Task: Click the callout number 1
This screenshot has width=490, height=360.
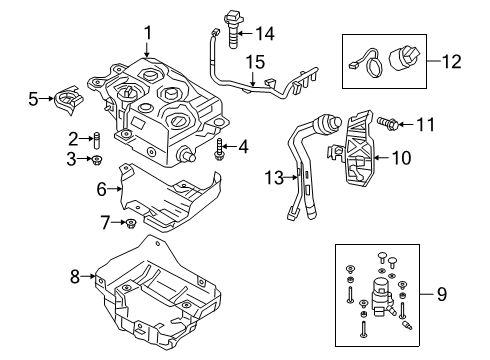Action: (x=147, y=33)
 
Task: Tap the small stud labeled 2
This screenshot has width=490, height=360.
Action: (x=97, y=141)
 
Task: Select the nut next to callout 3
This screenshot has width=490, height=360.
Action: (x=97, y=160)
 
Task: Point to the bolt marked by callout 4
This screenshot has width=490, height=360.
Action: (x=218, y=149)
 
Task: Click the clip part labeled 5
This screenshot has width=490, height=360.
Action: (x=68, y=99)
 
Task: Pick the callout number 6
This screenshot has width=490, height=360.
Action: (x=102, y=189)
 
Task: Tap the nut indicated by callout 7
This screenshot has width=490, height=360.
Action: (x=130, y=223)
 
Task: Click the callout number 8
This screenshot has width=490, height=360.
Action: (x=75, y=276)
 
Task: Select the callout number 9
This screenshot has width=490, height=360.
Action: (x=442, y=294)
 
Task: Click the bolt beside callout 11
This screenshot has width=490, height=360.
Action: (x=387, y=124)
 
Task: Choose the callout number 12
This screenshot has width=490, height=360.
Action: (x=452, y=61)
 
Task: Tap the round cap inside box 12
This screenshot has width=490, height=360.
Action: (x=402, y=58)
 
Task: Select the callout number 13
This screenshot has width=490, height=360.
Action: (x=274, y=178)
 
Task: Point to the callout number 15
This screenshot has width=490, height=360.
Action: (x=256, y=62)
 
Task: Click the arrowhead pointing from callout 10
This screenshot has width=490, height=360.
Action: (x=375, y=158)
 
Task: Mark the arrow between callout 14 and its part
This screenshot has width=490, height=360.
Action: (x=245, y=33)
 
